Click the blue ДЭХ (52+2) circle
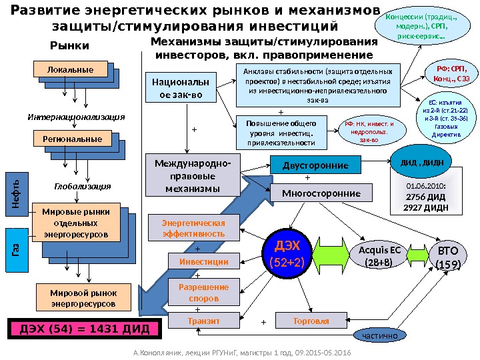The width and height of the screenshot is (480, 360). coord(285,254)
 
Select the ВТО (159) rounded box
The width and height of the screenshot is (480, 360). coord(448,257)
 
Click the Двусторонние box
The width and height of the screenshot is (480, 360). coord(316,165)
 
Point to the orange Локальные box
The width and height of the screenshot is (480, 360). coord(71,69)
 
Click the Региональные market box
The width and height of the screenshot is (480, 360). coord(70,139)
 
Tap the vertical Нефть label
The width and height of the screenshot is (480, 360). coord(17,192)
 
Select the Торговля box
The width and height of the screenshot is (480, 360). coord(311,321)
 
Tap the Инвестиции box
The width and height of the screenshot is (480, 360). coord(203,262)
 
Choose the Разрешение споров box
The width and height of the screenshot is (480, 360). coord(203,292)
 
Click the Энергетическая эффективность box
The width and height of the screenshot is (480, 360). coord(193,228)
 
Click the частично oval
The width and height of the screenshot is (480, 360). coord(379,335)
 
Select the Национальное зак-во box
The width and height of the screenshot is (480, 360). coord(180,91)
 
